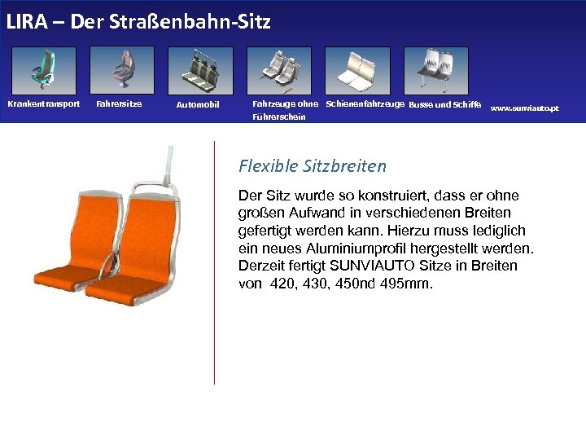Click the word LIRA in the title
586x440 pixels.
coord(24,21)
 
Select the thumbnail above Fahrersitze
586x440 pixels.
coord(122,70)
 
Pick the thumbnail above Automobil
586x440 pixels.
coord(200,70)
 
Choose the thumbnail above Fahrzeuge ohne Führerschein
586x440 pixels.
coord(279,70)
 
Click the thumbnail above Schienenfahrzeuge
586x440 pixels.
coord(357,70)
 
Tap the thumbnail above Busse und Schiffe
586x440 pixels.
coord(435,70)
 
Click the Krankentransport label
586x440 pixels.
coord(44,103)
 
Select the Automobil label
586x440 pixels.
coord(198,105)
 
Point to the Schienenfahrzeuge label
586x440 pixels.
coord(365,103)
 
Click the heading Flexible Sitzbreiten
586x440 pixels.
coord(313,166)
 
